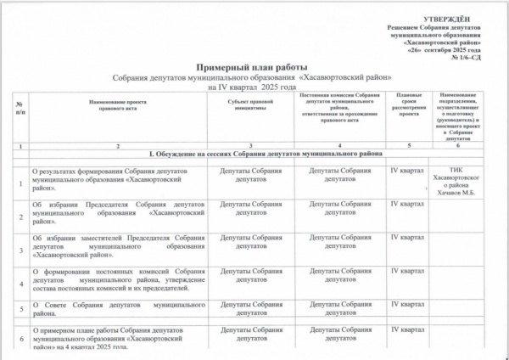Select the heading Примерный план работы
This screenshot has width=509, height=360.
[253, 66]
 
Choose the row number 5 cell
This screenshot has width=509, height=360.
[20, 310]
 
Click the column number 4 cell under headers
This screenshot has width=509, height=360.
[339, 145]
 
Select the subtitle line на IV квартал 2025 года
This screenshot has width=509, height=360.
[253, 87]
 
